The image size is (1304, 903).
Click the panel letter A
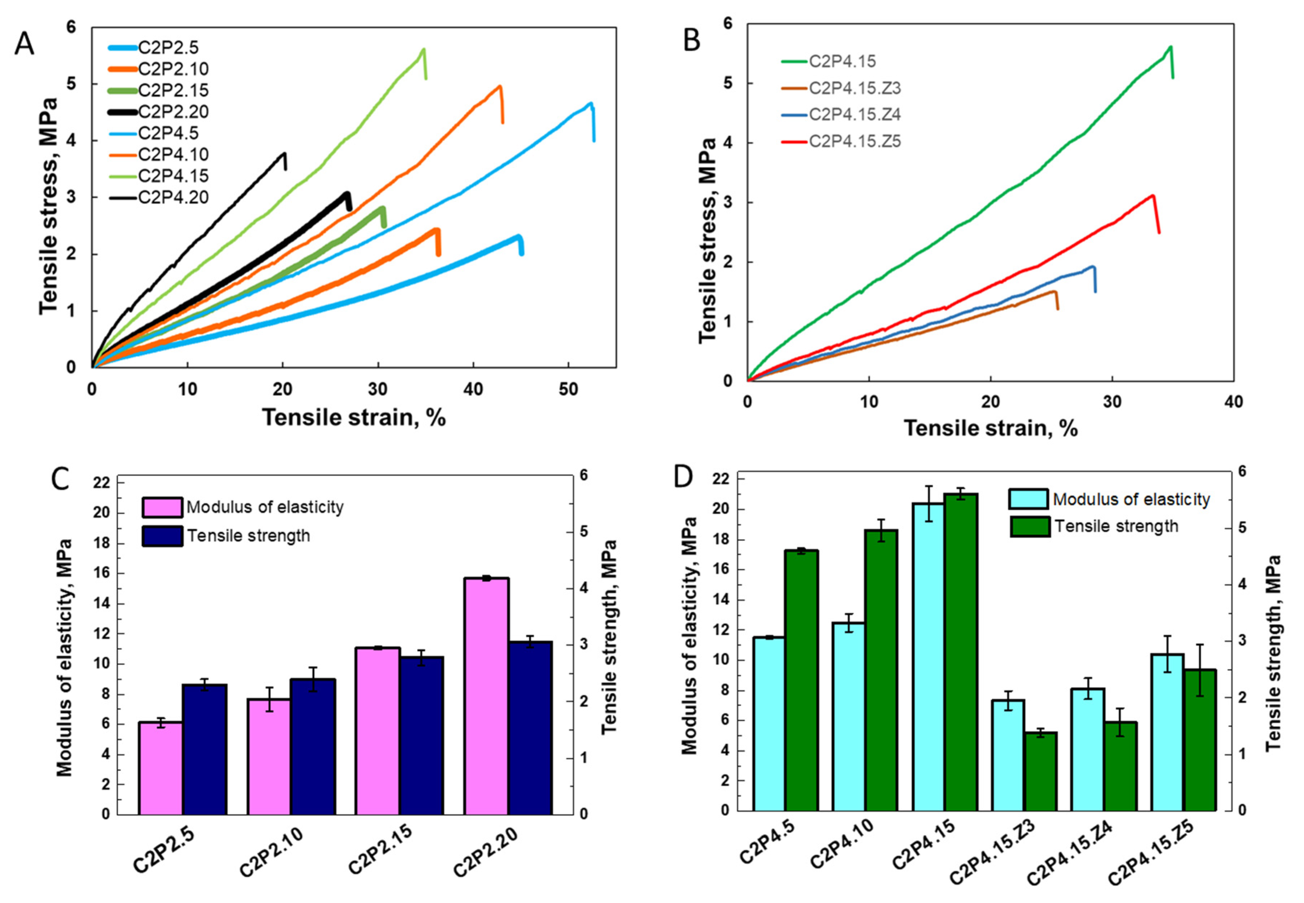[24, 44]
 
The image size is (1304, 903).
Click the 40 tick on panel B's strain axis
[1233, 402]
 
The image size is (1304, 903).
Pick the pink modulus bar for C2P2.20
[486, 696]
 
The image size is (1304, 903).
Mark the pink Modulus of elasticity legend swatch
[162, 507]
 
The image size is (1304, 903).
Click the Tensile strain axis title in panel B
[990, 428]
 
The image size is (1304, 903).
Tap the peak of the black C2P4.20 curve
[284, 153]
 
